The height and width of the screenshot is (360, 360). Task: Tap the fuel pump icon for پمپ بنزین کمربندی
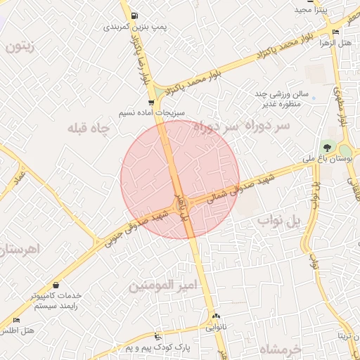coord(134,15)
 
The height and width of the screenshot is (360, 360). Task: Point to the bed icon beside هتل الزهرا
coord(335,32)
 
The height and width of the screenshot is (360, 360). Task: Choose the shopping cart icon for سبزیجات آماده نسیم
coord(150,103)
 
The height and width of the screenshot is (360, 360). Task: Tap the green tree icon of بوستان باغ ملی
coord(326,148)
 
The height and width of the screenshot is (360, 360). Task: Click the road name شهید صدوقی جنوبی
coord(132,225)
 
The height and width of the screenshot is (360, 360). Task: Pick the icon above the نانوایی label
coord(216,316)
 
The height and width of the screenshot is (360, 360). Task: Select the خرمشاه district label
coord(279,349)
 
